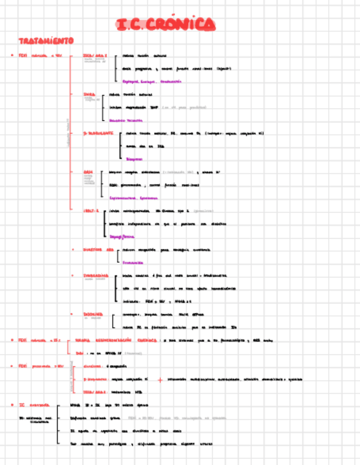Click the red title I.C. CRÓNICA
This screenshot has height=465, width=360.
pyautogui.click(x=166, y=25)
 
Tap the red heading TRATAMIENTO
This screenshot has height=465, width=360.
pyautogui.click(x=47, y=41)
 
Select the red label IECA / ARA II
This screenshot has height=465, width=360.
pyautogui.click(x=94, y=55)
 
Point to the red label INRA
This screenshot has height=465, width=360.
pyautogui.click(x=89, y=94)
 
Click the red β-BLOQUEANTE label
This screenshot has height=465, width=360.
pyautogui.click(x=98, y=133)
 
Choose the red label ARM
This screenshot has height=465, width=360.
pyautogui.click(x=88, y=172)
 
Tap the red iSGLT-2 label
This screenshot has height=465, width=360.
pyautogui.click(x=91, y=211)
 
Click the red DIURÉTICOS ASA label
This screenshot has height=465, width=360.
pyautogui.click(x=98, y=249)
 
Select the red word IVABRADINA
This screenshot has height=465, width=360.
pyautogui.click(x=95, y=275)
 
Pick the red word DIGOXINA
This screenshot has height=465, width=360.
pyautogui.click(x=93, y=314)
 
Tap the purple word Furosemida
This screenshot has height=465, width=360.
pyautogui.click(x=133, y=263)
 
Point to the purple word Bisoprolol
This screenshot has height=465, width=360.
pyautogui.click(x=134, y=159)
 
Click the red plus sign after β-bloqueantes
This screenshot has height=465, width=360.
pyautogui.click(x=159, y=379)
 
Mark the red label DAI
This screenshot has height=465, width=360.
pyautogui.click(x=78, y=353)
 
